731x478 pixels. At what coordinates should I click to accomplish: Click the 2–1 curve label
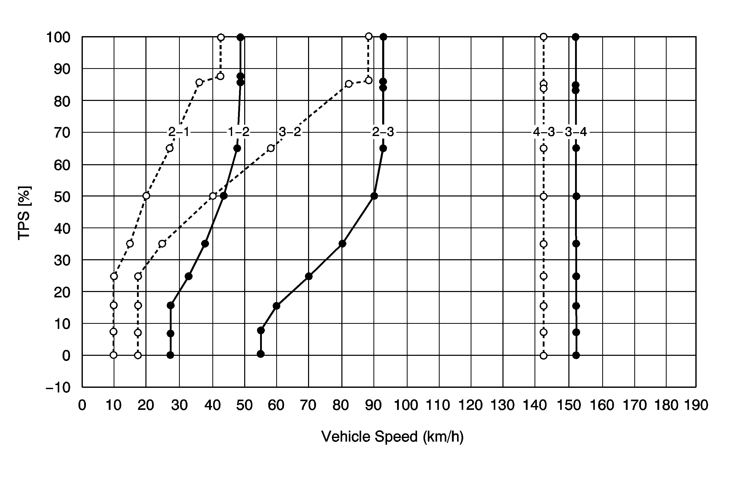pyautogui.click(x=179, y=132)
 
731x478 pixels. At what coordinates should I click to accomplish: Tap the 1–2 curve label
pyautogui.click(x=239, y=132)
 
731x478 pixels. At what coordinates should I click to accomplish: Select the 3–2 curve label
pyautogui.click(x=290, y=132)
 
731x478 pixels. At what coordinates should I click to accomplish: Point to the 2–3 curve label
pyautogui.click(x=383, y=132)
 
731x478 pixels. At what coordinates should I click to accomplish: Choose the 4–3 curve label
pyautogui.click(x=544, y=132)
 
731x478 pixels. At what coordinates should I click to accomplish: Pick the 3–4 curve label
pyautogui.click(x=576, y=132)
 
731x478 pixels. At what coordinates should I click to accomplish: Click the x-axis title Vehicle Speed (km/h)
pyautogui.click(x=392, y=437)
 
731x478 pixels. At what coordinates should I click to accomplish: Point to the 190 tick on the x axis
pyautogui.click(x=696, y=405)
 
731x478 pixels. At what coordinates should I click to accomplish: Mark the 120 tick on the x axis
pyautogui.click(x=471, y=405)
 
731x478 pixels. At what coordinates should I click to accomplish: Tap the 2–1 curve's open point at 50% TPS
pyautogui.click(x=146, y=196)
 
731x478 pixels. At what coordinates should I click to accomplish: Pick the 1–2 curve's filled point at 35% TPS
pyautogui.click(x=205, y=244)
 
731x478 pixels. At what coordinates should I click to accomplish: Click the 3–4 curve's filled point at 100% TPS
pyautogui.click(x=576, y=37)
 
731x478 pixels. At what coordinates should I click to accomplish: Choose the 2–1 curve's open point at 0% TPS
pyautogui.click(x=114, y=355)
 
